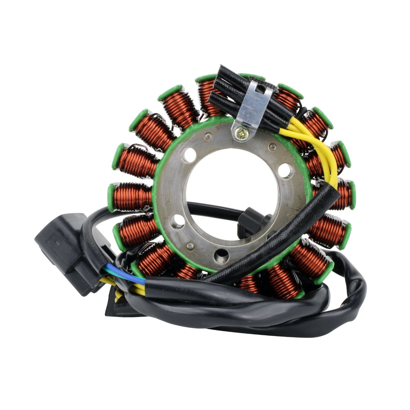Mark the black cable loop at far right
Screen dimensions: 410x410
point(359,290)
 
